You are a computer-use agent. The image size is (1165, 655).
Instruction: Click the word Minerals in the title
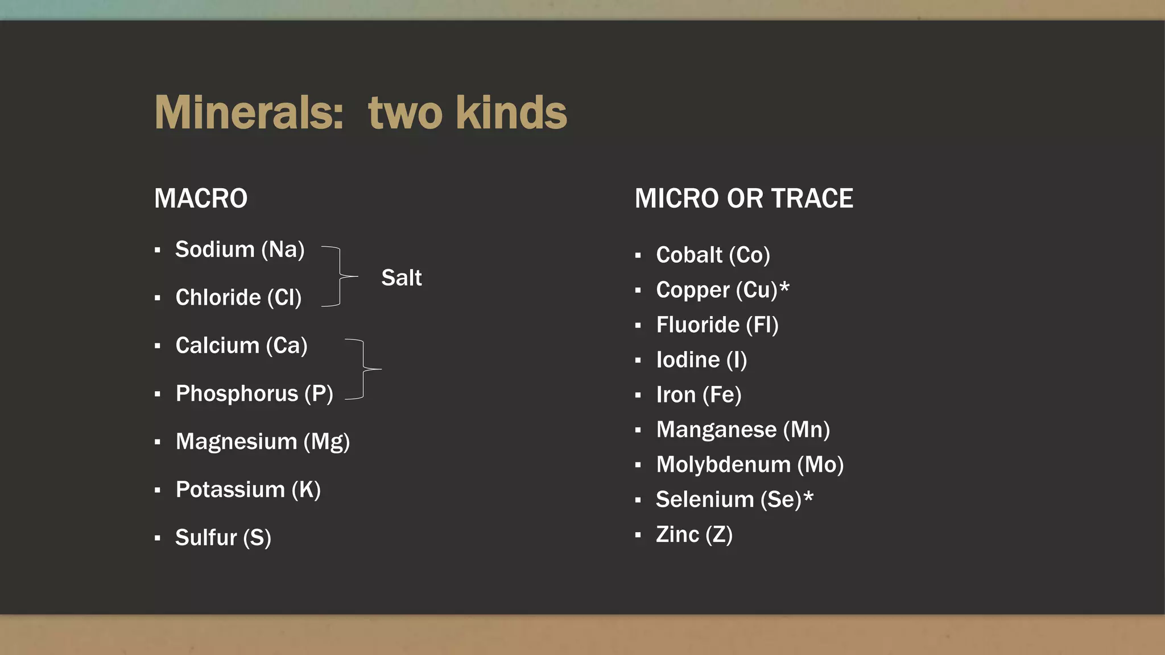(x=249, y=113)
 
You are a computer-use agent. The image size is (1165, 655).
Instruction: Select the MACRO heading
(x=201, y=198)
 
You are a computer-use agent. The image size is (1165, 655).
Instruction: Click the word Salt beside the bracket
(x=401, y=278)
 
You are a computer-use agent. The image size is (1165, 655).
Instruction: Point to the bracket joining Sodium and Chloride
(x=340, y=276)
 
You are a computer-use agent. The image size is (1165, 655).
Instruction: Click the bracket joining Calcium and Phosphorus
(x=363, y=370)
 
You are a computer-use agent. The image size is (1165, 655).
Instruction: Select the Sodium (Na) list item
(x=239, y=250)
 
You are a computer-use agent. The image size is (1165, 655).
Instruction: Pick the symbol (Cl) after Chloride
(x=284, y=297)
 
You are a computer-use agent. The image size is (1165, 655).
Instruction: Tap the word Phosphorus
(x=237, y=393)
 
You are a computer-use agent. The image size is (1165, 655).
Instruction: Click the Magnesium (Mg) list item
(x=262, y=442)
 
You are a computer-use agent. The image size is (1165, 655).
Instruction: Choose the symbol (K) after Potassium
(x=306, y=490)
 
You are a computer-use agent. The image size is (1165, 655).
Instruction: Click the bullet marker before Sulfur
(x=158, y=538)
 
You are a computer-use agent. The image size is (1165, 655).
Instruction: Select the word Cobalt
(x=689, y=255)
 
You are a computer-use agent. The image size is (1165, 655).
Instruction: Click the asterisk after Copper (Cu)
(x=784, y=287)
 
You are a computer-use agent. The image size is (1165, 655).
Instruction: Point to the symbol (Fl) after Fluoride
(x=762, y=325)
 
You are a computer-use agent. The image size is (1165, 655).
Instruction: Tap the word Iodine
(x=688, y=360)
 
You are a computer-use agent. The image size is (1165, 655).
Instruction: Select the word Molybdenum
(x=723, y=465)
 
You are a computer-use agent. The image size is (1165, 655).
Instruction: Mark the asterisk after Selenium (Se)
(x=808, y=497)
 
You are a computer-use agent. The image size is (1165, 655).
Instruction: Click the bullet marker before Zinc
(x=638, y=535)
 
